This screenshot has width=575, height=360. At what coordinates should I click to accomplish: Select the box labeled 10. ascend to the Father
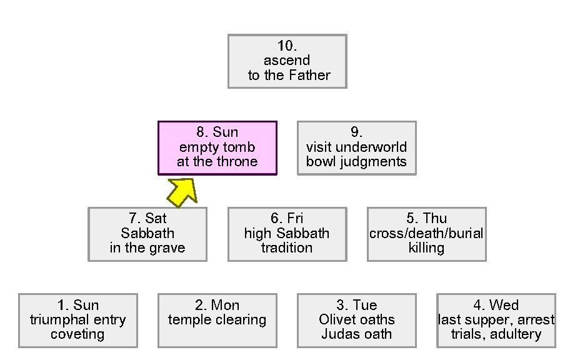tap(287, 61)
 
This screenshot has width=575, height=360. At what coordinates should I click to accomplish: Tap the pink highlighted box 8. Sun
tap(217, 147)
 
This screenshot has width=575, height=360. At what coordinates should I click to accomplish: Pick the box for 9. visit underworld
tap(356, 147)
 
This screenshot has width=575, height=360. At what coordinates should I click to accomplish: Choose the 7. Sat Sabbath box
tap(147, 234)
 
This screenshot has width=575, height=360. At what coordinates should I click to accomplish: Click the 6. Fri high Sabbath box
tap(287, 234)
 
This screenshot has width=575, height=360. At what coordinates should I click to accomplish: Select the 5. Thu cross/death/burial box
tap(426, 234)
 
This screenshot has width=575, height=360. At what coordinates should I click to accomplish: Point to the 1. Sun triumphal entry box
tap(77, 320)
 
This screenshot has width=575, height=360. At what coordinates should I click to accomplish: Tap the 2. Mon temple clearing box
tap(217, 320)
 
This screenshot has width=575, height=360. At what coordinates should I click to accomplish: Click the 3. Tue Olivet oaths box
tap(356, 320)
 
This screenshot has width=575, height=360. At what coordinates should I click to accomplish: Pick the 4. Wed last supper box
tap(496, 320)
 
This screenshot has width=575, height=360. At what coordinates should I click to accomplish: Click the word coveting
tap(77, 334)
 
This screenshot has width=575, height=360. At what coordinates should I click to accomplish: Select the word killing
tap(426, 248)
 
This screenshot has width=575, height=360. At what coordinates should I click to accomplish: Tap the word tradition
tap(287, 248)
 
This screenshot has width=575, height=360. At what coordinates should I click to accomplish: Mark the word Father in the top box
tap(309, 76)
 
